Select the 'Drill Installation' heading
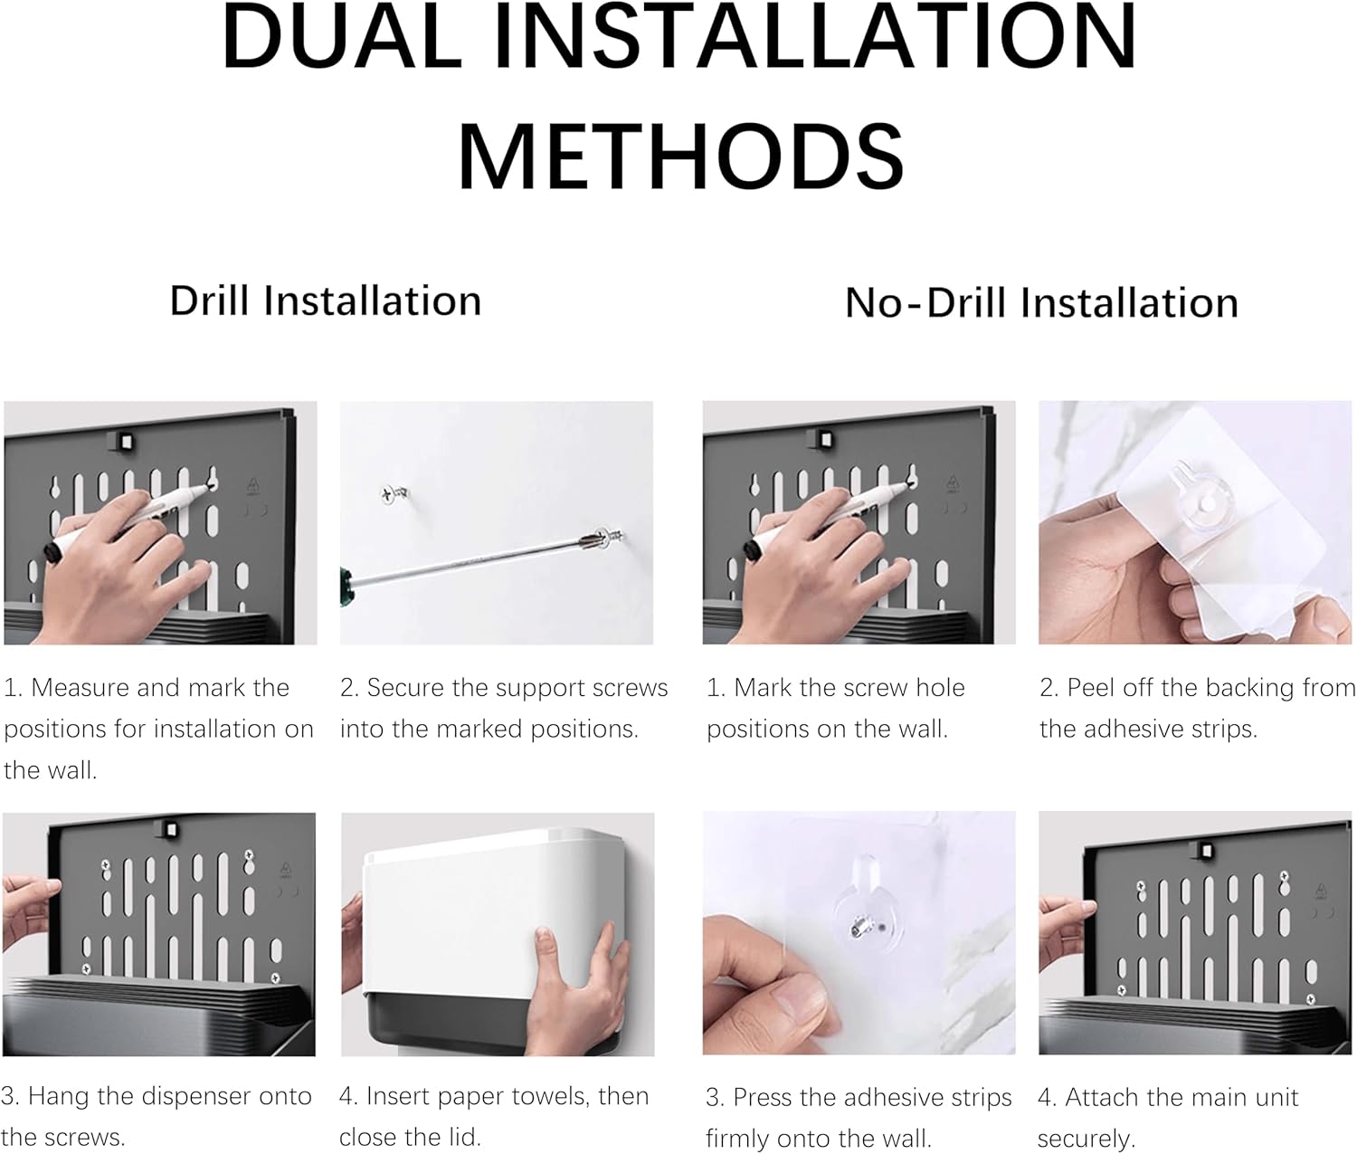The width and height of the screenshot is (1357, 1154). (x=326, y=300)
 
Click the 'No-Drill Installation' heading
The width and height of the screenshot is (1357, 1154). (x=1041, y=303)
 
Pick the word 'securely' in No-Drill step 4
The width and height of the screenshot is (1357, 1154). (x=1087, y=1139)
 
